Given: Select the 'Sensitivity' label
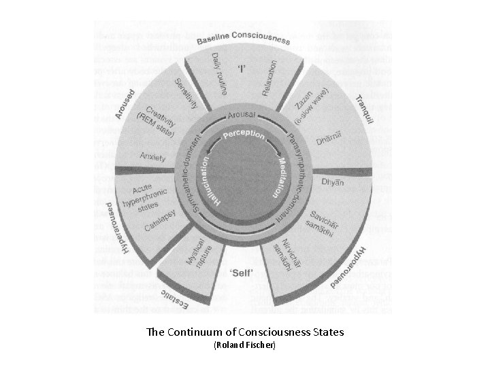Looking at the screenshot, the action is [x=186, y=95].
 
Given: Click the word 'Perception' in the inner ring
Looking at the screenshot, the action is [x=244, y=136].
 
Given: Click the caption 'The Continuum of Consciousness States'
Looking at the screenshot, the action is [x=244, y=332].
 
